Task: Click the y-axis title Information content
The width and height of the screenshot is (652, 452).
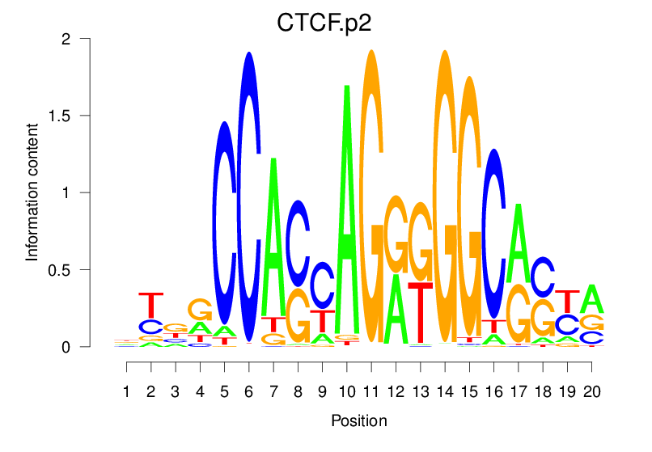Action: (33, 192)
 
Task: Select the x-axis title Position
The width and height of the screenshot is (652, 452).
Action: (359, 421)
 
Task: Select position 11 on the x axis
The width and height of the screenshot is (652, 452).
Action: (372, 391)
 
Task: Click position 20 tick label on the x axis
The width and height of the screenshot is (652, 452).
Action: (592, 391)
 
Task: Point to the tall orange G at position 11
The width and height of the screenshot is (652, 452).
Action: (372, 194)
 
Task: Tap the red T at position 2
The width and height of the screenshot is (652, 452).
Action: (150, 305)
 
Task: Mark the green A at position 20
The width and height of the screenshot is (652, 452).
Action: (592, 299)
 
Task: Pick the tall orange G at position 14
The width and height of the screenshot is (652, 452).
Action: (445, 194)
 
